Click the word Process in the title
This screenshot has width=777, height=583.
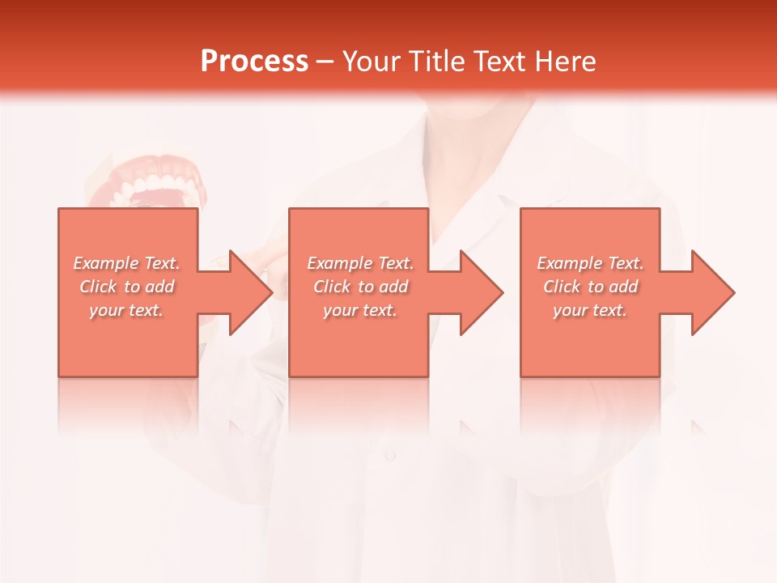click(x=254, y=61)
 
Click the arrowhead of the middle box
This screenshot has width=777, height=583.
click(x=481, y=292)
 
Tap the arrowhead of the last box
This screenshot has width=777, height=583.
click(x=712, y=292)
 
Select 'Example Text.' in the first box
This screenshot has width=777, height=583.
click(x=127, y=263)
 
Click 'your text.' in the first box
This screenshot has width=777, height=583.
click(x=127, y=310)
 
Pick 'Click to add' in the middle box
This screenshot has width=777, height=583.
click(x=360, y=287)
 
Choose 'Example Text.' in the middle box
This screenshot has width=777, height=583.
click(x=360, y=263)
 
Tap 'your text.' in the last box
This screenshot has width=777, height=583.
click(x=590, y=310)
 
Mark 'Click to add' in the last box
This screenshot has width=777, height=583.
click(x=590, y=287)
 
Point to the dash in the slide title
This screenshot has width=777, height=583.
click(x=325, y=62)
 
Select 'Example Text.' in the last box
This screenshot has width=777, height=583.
click(x=590, y=263)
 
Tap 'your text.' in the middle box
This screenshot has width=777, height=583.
click(x=360, y=310)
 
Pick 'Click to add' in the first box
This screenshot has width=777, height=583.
click(x=127, y=287)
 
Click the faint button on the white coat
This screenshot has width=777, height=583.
click(x=390, y=455)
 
